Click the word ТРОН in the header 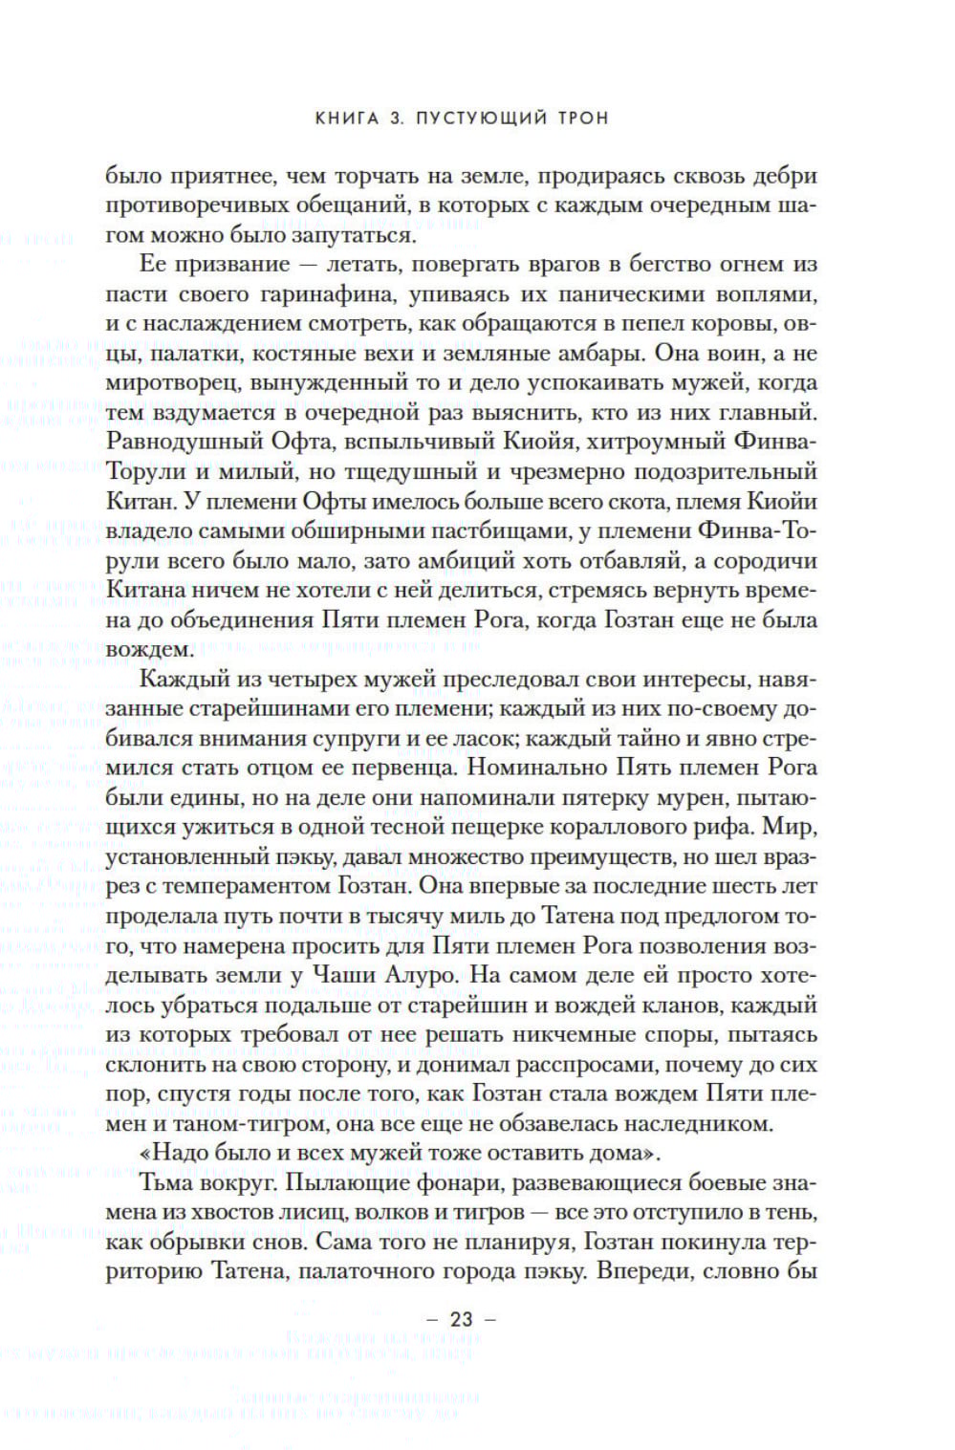click(x=579, y=119)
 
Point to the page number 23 click(x=461, y=1320)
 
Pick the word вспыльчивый click(x=425, y=442)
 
